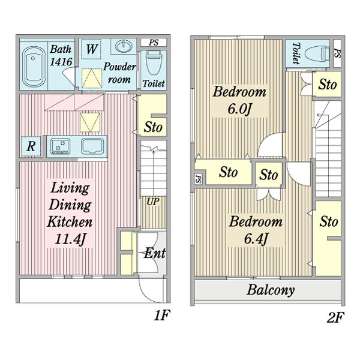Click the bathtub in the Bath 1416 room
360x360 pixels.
click(34, 67)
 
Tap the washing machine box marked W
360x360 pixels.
click(91, 49)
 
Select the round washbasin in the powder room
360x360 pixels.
click(124, 46)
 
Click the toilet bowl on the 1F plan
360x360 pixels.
click(154, 63)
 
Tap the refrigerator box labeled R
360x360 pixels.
click(31, 146)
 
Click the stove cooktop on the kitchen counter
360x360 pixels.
click(61, 146)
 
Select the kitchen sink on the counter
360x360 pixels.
click(92, 146)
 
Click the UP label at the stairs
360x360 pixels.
click(153, 202)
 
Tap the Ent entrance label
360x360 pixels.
click(155, 253)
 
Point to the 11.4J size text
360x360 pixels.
click(70, 239)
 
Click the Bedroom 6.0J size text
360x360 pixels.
click(239, 109)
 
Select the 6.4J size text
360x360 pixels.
click(256, 239)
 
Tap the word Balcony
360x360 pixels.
click(271, 290)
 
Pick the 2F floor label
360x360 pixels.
click(335, 318)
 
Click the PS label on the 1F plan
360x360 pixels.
click(154, 43)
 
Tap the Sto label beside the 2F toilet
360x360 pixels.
click(328, 84)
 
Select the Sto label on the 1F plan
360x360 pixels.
click(153, 127)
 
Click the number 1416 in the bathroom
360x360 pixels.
click(61, 62)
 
